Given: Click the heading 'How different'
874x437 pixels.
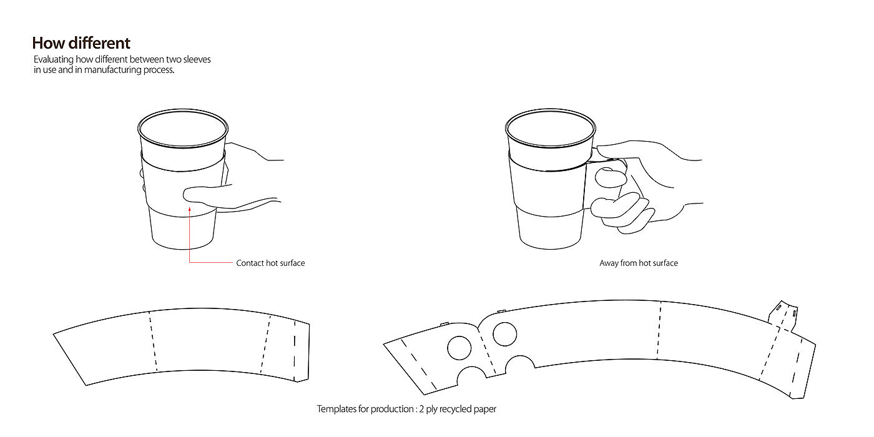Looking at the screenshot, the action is point(81,43).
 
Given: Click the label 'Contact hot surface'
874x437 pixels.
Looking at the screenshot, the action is point(270,263).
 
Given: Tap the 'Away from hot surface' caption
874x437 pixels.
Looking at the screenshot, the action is point(639,263).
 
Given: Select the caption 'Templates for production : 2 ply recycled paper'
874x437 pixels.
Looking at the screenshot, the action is point(406,409).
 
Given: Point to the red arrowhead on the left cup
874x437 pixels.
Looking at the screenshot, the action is point(190,209).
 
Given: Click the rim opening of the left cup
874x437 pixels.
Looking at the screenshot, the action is point(183,129).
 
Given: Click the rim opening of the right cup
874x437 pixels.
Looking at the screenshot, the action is point(551,129).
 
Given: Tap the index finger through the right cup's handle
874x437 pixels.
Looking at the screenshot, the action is point(611,177).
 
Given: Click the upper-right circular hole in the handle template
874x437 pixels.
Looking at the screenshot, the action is point(505,334).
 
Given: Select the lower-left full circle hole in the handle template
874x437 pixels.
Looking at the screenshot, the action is point(459,348).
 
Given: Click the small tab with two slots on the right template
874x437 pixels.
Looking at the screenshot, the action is point(783,315).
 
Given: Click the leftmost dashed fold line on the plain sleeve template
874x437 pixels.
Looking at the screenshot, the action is point(153,341).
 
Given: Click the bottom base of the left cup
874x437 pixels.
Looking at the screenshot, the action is point(182,242).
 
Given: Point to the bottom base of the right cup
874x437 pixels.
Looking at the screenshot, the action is point(551,242).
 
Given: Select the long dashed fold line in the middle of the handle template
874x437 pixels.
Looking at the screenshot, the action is point(659,330).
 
